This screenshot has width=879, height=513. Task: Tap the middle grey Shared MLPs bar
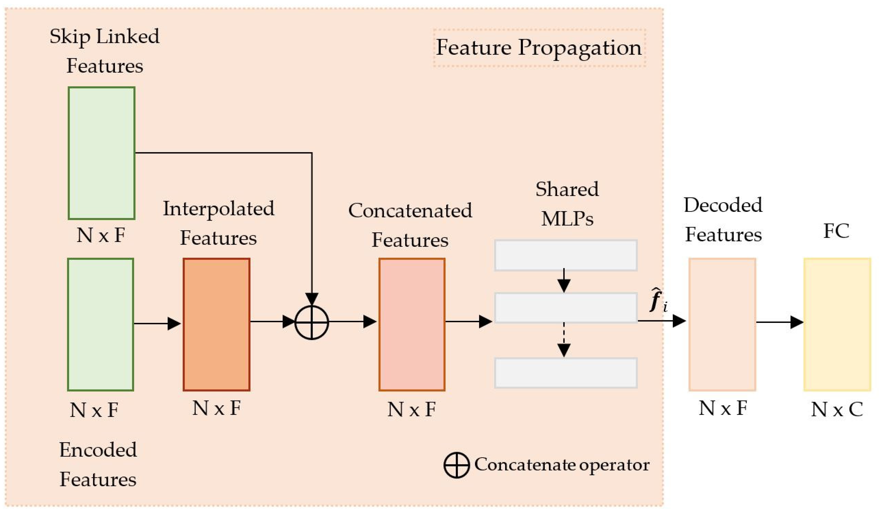tap(566, 308)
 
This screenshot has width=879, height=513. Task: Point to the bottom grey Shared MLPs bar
tap(566, 373)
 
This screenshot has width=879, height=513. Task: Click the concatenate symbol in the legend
tap(456, 465)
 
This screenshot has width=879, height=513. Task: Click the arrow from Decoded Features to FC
tap(780, 322)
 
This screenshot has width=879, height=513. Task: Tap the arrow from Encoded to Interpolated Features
tap(157, 324)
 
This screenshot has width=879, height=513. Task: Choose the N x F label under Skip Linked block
tap(101, 235)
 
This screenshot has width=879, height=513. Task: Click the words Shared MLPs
tap(567, 204)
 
